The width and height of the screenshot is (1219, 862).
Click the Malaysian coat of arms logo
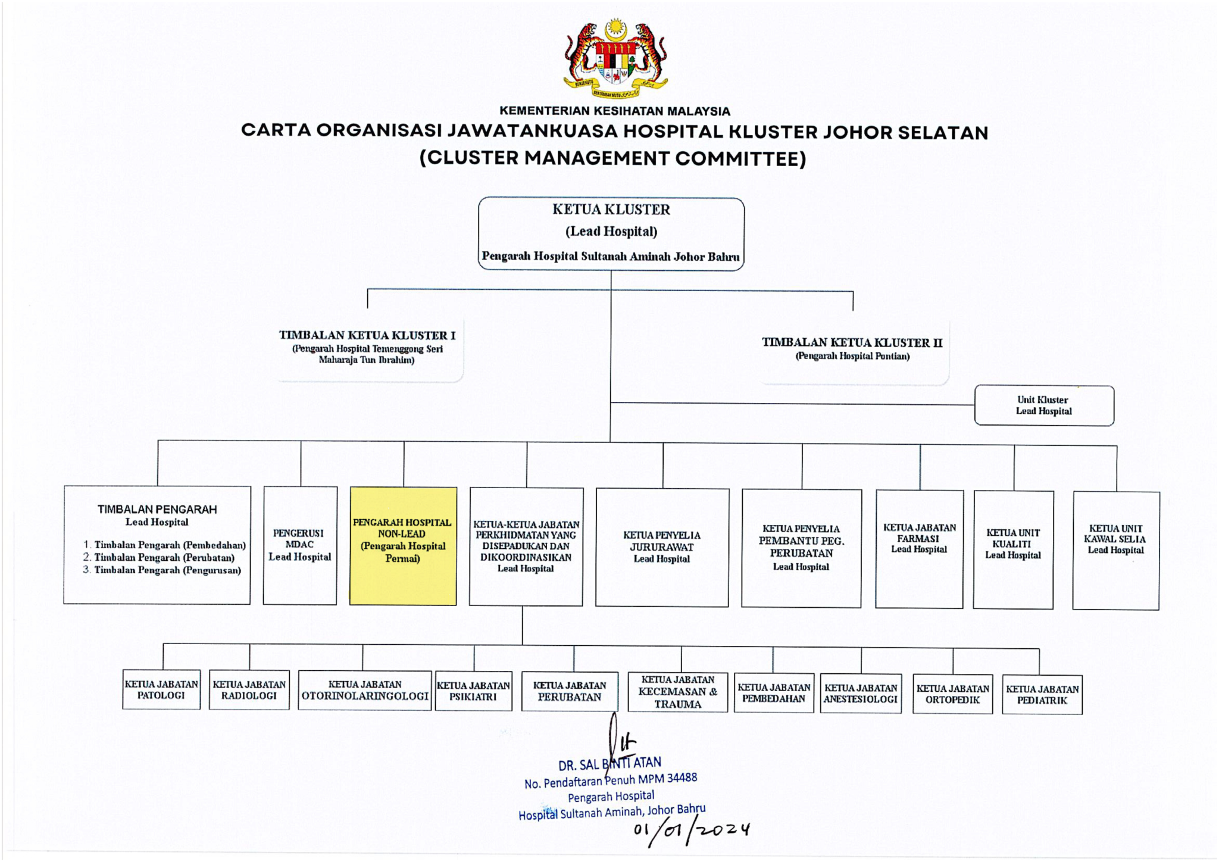pos(615,58)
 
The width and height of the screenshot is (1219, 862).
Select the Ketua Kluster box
pos(611,234)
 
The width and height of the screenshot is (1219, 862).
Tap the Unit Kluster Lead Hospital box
pos(1043,405)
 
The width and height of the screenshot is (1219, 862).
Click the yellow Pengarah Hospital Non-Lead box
pos(403,546)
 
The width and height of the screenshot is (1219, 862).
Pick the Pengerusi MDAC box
pos(300,545)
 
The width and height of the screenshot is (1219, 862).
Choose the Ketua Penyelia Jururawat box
pos(662,547)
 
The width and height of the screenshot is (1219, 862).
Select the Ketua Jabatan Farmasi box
pos(919,548)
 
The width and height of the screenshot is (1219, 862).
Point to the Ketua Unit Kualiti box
pos(1013,549)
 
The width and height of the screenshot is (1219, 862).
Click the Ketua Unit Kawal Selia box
pos(1115,550)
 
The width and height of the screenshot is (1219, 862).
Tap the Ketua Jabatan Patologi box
pos(161,689)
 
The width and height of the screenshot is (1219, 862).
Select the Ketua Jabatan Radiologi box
pos(249,691)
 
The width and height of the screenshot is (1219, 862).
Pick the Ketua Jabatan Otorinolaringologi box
pos(365,691)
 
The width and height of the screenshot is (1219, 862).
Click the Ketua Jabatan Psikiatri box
pos(473,691)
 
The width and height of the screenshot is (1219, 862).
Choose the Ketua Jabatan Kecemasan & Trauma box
pos(678,692)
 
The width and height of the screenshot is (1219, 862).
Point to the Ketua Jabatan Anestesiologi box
pos(861,694)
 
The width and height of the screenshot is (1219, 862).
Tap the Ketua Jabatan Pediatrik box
pos(1042,695)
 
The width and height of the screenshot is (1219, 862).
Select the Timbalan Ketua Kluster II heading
pos(852,342)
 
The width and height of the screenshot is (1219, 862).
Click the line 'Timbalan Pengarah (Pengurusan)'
pos(167,570)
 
